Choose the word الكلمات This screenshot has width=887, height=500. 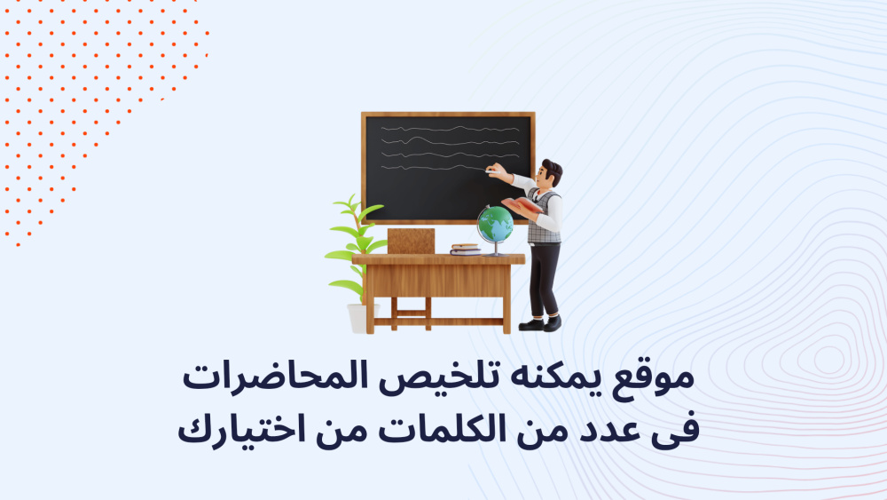tap(442, 429)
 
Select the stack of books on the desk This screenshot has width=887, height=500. tap(466, 250)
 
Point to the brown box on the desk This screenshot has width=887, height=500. tap(412, 242)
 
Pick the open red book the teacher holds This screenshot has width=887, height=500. tap(522, 205)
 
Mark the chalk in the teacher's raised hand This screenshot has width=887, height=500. tap(489, 171)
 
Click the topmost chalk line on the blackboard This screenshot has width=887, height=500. tap(451, 129)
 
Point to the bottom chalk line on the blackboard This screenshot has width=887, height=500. tap(434, 168)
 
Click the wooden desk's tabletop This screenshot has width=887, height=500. tap(438, 259)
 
